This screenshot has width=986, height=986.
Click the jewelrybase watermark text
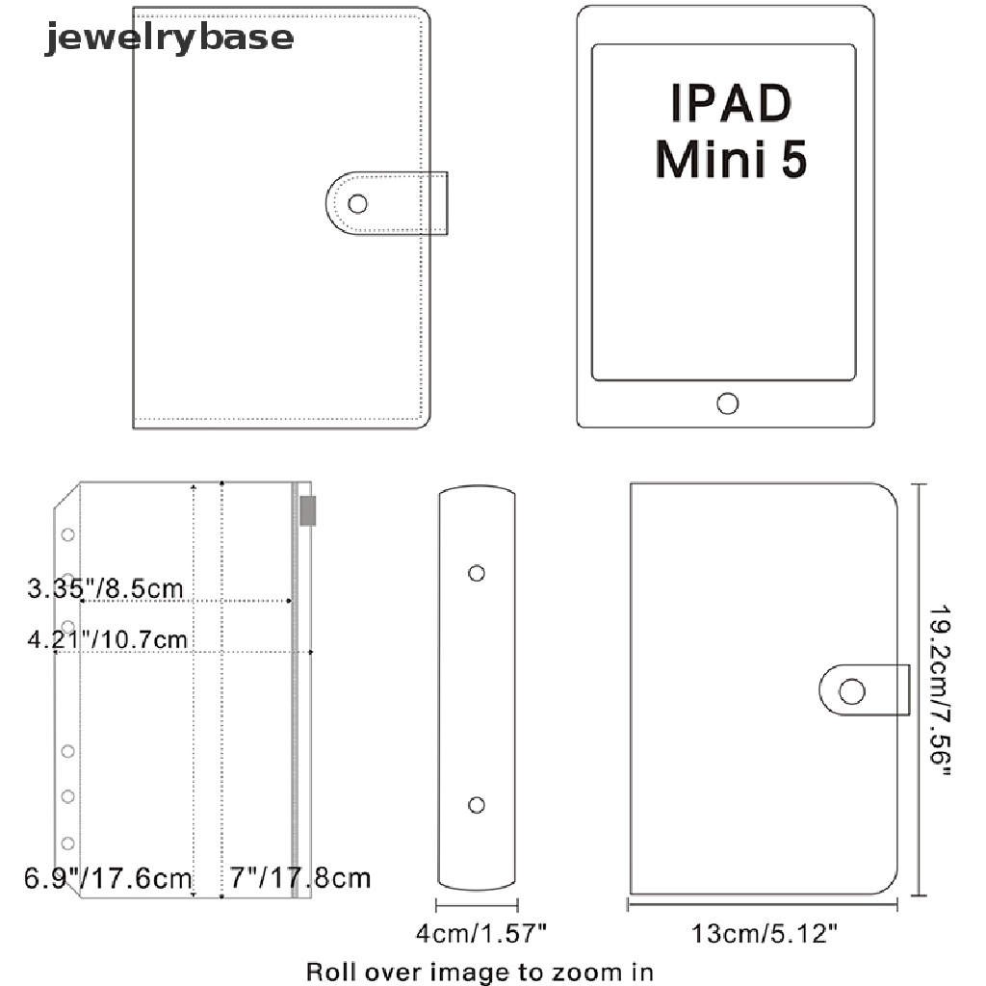pyautogui.click(x=169, y=38)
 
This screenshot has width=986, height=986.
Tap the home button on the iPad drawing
pyautogui.click(x=728, y=403)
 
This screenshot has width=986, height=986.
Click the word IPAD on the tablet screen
pyautogui.click(x=731, y=102)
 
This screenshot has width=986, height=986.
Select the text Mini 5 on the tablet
pyautogui.click(x=731, y=159)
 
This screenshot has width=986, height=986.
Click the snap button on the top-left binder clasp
pyautogui.click(x=358, y=204)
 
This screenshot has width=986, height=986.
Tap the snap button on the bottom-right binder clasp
pyautogui.click(x=852, y=691)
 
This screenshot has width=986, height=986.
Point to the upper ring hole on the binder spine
pyautogui.click(x=477, y=573)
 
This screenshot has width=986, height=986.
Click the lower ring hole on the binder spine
pyautogui.click(x=477, y=805)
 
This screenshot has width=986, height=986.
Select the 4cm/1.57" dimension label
pyautogui.click(x=481, y=933)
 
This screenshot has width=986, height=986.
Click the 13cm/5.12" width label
pyautogui.click(x=765, y=934)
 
